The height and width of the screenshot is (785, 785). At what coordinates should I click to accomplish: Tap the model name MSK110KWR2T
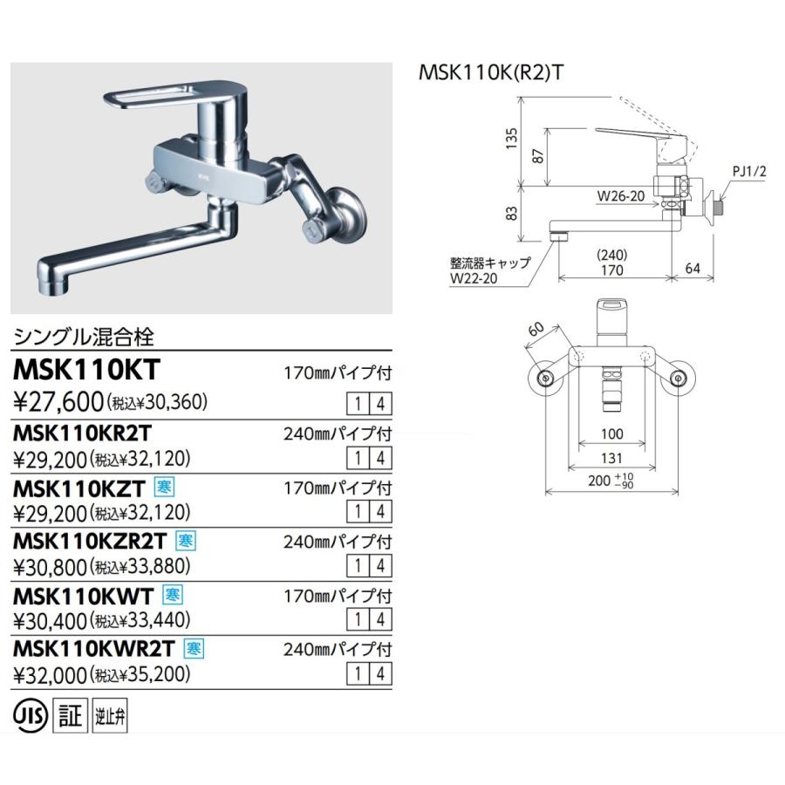pyautogui.click(x=95, y=647)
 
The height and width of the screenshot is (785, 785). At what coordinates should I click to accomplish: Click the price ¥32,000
pyautogui.click(x=51, y=674)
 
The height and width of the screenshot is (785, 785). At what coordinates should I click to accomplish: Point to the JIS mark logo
pyautogui.click(x=31, y=717)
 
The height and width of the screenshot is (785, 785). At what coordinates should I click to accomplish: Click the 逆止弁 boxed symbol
pyautogui.click(x=103, y=718)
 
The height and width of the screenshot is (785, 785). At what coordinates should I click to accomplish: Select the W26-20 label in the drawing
pyautogui.click(x=621, y=196)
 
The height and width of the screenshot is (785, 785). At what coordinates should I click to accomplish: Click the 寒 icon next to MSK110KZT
pyautogui.click(x=162, y=486)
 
